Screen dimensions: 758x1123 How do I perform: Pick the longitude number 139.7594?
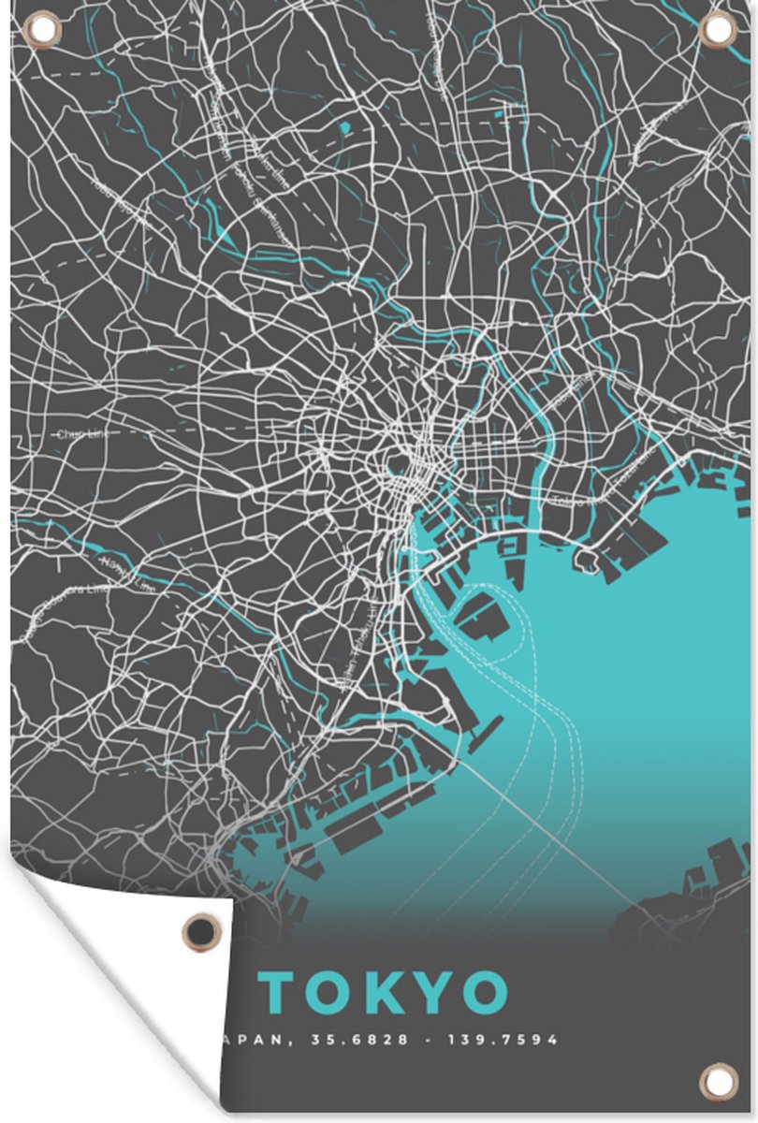pyautogui.click(x=506, y=1040)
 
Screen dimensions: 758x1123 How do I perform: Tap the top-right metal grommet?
pyautogui.click(x=717, y=29)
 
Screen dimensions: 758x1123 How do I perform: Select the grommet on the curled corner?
pyautogui.click(x=199, y=930)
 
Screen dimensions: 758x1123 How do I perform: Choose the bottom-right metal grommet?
pyautogui.click(x=718, y=1082)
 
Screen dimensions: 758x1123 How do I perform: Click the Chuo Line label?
pyautogui.click(x=82, y=434)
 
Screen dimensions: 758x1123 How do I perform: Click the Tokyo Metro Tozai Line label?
pyautogui.click(x=599, y=488)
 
